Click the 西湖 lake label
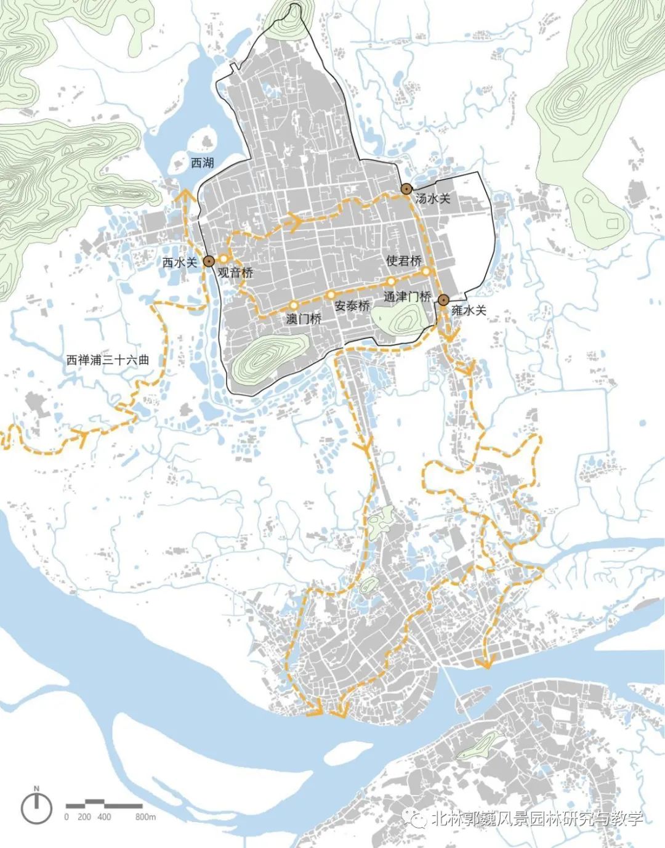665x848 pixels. pyautogui.click(x=203, y=163)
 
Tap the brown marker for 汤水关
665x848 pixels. pyautogui.click(x=406, y=189)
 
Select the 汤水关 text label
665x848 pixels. pyautogui.click(x=433, y=198)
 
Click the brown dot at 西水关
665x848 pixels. pyautogui.click(x=209, y=261)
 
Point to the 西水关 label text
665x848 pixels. pyautogui.click(x=180, y=262)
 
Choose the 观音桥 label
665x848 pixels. pyautogui.click(x=235, y=273)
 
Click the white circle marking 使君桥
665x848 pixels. pyautogui.click(x=425, y=271)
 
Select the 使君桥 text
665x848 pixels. pyautogui.click(x=404, y=260)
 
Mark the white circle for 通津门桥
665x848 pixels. pyautogui.click(x=391, y=281)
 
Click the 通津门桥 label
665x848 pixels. pyautogui.click(x=407, y=296)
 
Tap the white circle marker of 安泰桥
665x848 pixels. pyautogui.click(x=330, y=294)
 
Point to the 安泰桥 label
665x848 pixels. pyautogui.click(x=352, y=306)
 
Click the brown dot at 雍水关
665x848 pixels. pyautogui.click(x=443, y=300)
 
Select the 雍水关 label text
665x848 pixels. pyautogui.click(x=469, y=310)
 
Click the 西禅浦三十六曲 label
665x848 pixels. pyautogui.click(x=108, y=360)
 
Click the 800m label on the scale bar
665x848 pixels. pyautogui.click(x=145, y=817)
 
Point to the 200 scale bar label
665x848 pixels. pyautogui.click(x=84, y=817)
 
